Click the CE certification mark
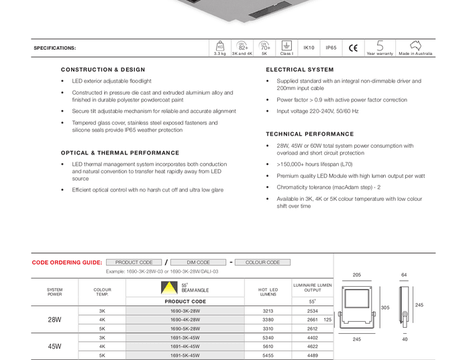click(x=353, y=48)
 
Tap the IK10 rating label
click(x=309, y=48)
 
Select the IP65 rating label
click(x=331, y=48)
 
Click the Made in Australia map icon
click(x=415, y=46)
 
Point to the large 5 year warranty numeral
click(x=380, y=45)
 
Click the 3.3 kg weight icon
click(x=219, y=46)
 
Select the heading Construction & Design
click(x=103, y=70)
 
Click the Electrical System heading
click(x=299, y=70)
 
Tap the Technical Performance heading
click(x=309, y=134)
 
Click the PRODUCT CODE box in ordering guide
click(x=134, y=263)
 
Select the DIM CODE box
click(x=198, y=263)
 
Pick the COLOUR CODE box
click(x=262, y=263)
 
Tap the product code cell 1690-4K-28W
click(x=185, y=320)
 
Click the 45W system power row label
click(x=55, y=347)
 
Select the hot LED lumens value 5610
click(x=268, y=347)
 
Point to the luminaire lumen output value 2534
click(x=312, y=311)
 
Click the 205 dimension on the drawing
click(x=357, y=275)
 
